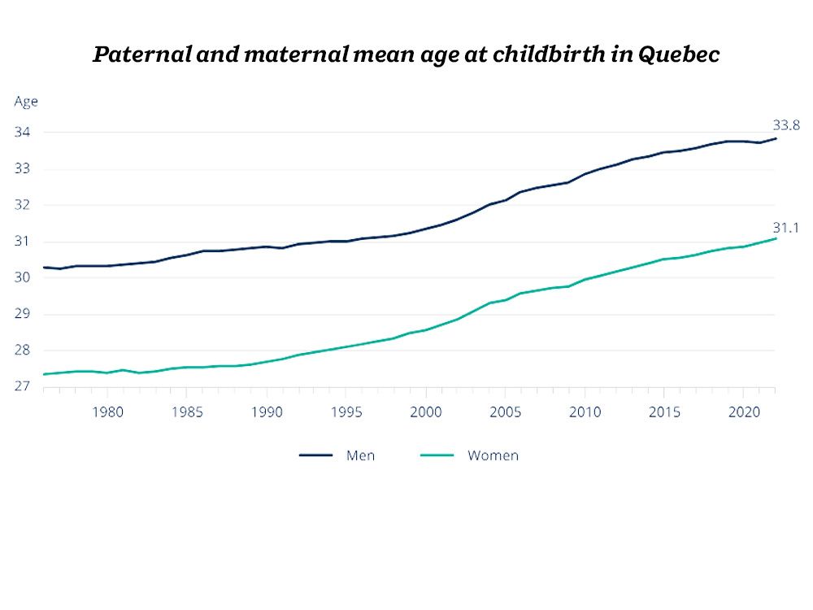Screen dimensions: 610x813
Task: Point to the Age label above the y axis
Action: pyautogui.click(x=26, y=102)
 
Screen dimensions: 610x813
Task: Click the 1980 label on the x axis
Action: pyautogui.click(x=107, y=412)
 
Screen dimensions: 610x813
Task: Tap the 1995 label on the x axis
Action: pyautogui.click(x=346, y=412)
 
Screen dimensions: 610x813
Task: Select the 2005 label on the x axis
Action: pyautogui.click(x=505, y=412)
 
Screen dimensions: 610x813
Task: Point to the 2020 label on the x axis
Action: pyautogui.click(x=744, y=412)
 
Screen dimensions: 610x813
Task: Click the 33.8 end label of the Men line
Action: pyautogui.click(x=786, y=125)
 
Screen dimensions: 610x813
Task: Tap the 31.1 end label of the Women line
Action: pyautogui.click(x=786, y=228)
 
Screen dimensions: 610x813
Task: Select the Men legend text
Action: pyautogui.click(x=360, y=455)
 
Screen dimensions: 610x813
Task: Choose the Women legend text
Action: pyautogui.click(x=493, y=455)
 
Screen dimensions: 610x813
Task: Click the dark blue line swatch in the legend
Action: pyautogui.click(x=316, y=455)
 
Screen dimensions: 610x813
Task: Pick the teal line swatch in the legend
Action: pyautogui.click(x=437, y=455)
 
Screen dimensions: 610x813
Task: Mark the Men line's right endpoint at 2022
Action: pyautogui.click(x=776, y=138)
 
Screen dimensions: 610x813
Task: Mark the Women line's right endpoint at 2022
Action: pyautogui.click(x=776, y=238)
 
